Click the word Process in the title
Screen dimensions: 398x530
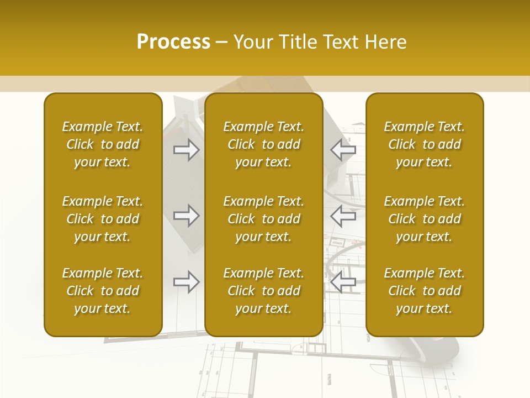click(173, 42)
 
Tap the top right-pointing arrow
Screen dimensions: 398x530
click(187, 150)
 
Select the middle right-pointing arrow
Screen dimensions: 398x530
click(187, 216)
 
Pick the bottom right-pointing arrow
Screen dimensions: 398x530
click(187, 282)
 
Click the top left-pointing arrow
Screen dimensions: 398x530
click(343, 150)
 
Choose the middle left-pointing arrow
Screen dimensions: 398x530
click(343, 216)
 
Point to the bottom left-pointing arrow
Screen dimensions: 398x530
click(343, 282)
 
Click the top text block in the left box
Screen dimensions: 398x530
click(103, 144)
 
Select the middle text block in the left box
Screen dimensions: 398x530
click(103, 219)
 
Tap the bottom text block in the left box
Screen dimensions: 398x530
click(103, 291)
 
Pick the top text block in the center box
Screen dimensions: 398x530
click(263, 144)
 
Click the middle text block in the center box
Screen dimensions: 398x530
click(263, 219)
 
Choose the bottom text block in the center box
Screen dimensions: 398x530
click(263, 291)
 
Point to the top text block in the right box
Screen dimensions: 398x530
click(424, 144)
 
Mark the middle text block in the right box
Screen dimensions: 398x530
click(424, 219)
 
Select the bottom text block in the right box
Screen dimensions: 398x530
click(424, 291)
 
